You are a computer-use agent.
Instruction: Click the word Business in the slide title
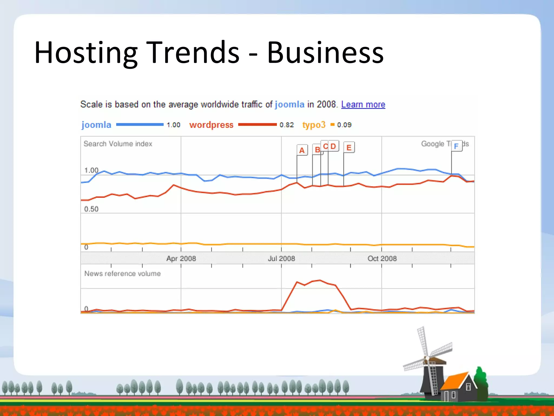325,53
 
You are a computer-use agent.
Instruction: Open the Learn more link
363,104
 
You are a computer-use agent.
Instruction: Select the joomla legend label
96,125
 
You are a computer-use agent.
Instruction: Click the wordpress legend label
211,125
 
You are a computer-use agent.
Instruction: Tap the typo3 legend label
314,125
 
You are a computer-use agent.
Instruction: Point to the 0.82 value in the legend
286,125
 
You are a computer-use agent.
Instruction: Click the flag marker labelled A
302,150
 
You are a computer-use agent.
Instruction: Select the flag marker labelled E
349,148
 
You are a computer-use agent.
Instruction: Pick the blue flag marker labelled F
456,146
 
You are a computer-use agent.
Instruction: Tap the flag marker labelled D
333,146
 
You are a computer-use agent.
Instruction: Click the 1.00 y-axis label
91,170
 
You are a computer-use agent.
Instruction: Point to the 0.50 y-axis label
91,209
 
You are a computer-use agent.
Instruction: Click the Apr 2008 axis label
181,258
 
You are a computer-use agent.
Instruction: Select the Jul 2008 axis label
281,258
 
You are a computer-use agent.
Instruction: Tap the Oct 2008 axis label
382,258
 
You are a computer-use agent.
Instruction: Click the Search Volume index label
118,144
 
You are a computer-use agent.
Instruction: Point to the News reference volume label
123,274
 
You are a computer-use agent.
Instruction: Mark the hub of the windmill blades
427,358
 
